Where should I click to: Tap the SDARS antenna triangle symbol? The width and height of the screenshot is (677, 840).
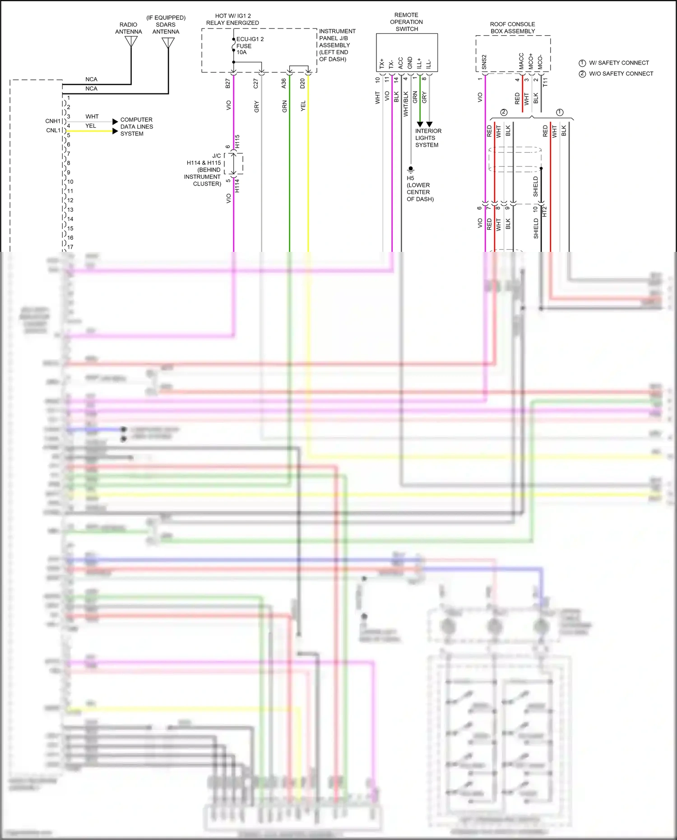168,43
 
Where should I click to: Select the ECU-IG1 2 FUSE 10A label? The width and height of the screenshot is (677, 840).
250,46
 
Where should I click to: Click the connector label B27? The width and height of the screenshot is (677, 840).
228,83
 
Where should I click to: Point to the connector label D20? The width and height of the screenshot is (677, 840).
302,83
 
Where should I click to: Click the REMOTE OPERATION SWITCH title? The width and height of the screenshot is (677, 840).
406,22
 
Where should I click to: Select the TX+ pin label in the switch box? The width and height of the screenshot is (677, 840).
382,63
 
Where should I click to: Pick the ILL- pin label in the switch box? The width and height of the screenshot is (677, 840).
428,64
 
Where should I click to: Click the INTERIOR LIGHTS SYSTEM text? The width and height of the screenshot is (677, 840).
428,138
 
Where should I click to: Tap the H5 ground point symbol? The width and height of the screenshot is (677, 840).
410,169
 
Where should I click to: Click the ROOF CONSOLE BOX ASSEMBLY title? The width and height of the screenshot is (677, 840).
512,28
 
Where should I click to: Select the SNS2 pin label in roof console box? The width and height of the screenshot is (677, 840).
484,62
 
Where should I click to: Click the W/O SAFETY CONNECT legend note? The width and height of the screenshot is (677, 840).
621,74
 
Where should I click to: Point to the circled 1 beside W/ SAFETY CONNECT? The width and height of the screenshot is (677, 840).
582,63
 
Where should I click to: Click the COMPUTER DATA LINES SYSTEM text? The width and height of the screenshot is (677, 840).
136,126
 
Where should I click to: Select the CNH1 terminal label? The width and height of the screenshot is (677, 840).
53,121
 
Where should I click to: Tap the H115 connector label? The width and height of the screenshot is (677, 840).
237,141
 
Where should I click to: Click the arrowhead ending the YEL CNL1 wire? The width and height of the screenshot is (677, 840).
115,131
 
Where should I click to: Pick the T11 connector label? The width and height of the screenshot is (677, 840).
545,82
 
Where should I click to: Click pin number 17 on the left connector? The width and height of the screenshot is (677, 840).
70,247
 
